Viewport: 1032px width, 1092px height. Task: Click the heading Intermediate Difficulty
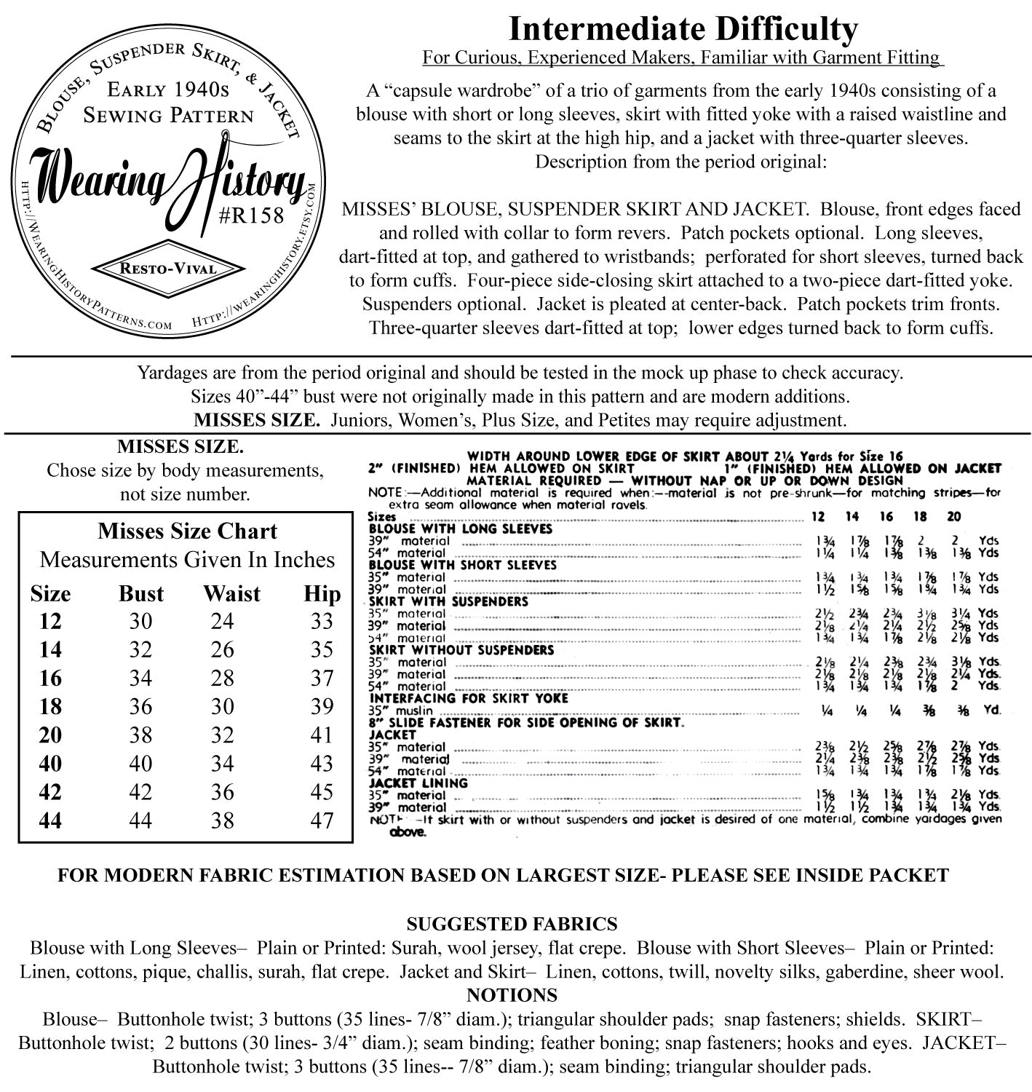tap(682, 30)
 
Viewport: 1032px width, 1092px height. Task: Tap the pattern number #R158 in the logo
tap(253, 216)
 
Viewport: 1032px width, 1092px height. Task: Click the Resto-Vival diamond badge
tap(167, 269)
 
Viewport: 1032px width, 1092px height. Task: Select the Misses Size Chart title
tap(187, 531)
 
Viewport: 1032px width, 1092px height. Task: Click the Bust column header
tap(141, 593)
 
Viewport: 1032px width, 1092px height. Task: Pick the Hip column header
tap(322, 593)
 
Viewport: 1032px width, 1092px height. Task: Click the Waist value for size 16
tap(223, 678)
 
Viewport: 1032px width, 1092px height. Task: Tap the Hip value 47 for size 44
tap(321, 820)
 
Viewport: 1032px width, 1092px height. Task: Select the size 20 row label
tap(50, 735)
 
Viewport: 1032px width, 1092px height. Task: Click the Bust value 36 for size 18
tap(140, 707)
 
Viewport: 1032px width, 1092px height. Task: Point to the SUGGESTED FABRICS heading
tap(512, 924)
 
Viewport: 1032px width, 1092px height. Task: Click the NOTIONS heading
tap(512, 995)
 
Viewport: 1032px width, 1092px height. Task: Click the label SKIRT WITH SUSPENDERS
tap(448, 602)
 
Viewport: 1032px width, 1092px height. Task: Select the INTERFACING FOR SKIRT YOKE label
tap(469, 698)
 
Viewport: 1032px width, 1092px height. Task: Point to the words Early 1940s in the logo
tap(168, 90)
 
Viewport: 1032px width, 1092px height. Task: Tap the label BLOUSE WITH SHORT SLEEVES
tap(463, 565)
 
